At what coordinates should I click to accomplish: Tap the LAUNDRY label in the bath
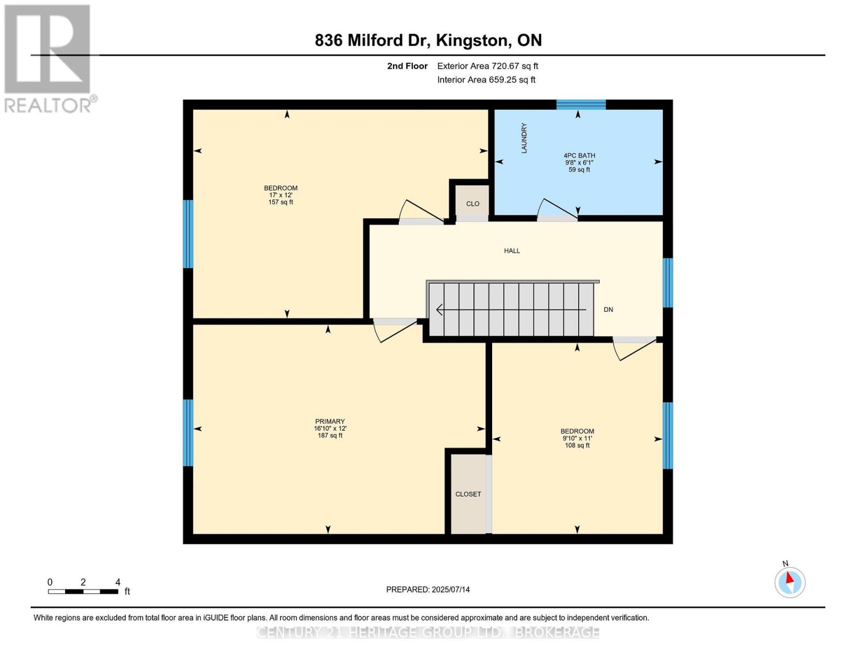click(x=524, y=138)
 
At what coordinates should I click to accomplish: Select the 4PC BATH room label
click(x=579, y=155)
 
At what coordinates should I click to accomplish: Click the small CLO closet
click(x=472, y=203)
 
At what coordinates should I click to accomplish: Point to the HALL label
click(x=512, y=251)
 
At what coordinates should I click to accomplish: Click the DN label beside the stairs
click(x=608, y=310)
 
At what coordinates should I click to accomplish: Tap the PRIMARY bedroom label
click(x=330, y=421)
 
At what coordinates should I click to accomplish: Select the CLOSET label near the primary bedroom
click(x=468, y=494)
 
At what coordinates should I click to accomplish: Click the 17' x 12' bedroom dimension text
click(x=281, y=195)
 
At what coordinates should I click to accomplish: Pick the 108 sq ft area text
click(x=577, y=445)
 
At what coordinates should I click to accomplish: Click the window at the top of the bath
click(x=580, y=105)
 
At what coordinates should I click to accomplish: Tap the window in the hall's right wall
click(x=667, y=283)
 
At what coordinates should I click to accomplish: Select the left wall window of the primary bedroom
click(x=188, y=432)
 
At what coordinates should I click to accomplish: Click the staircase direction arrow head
click(x=439, y=310)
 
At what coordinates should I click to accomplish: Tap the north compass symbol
click(x=790, y=582)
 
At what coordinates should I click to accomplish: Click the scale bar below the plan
click(x=83, y=592)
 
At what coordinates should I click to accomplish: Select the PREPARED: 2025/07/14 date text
click(x=428, y=589)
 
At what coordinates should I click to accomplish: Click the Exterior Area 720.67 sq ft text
click(x=487, y=66)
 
